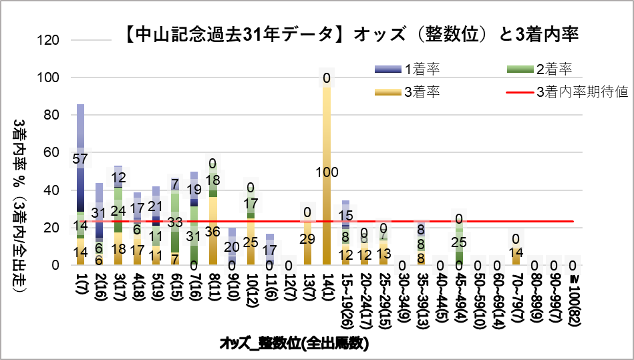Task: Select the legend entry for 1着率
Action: (x=421, y=69)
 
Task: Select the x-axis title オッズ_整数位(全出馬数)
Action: (x=295, y=343)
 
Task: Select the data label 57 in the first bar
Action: (x=81, y=159)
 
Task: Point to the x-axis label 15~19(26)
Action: (x=345, y=297)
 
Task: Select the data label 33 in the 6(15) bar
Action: (x=175, y=222)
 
